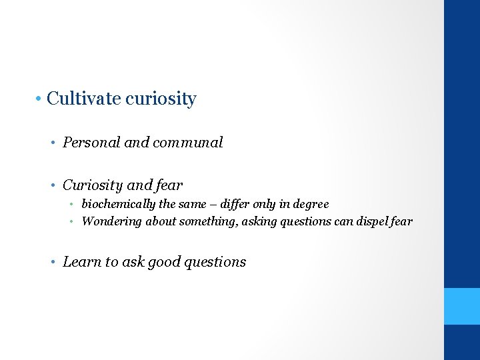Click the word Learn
81,262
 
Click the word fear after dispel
401,221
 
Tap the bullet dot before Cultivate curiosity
40,99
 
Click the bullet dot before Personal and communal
55,143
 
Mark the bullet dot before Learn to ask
55,262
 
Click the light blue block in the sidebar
462,306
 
